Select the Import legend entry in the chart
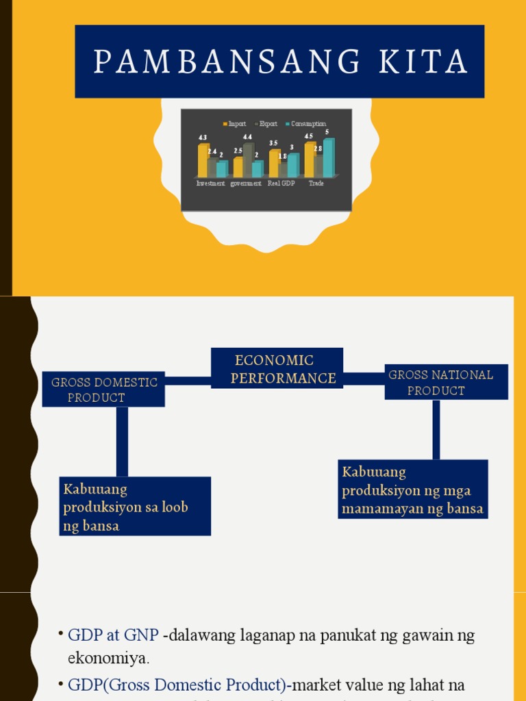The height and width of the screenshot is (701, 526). [x=236, y=124]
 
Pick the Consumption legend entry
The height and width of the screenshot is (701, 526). [x=308, y=124]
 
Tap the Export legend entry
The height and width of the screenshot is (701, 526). [x=267, y=124]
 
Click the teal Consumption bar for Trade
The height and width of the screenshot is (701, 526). [x=329, y=157]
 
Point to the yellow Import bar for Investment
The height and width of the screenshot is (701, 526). [x=203, y=161]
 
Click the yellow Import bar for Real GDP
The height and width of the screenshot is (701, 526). [x=274, y=164]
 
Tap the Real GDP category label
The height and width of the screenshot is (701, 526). [x=281, y=183]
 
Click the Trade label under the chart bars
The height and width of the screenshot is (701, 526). [x=316, y=183]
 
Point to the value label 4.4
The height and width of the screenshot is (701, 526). [x=247, y=137]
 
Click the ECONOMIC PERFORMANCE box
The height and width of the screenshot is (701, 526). [x=277, y=368]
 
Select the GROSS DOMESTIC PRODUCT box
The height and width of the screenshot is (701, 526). [x=103, y=390]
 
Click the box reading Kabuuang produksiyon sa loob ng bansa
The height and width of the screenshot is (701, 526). [x=134, y=507]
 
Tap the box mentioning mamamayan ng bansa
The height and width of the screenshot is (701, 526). [x=412, y=489]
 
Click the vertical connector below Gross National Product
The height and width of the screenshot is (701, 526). [x=436, y=429]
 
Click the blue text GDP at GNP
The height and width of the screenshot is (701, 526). [x=113, y=635]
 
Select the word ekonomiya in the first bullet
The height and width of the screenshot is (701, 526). [x=108, y=659]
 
